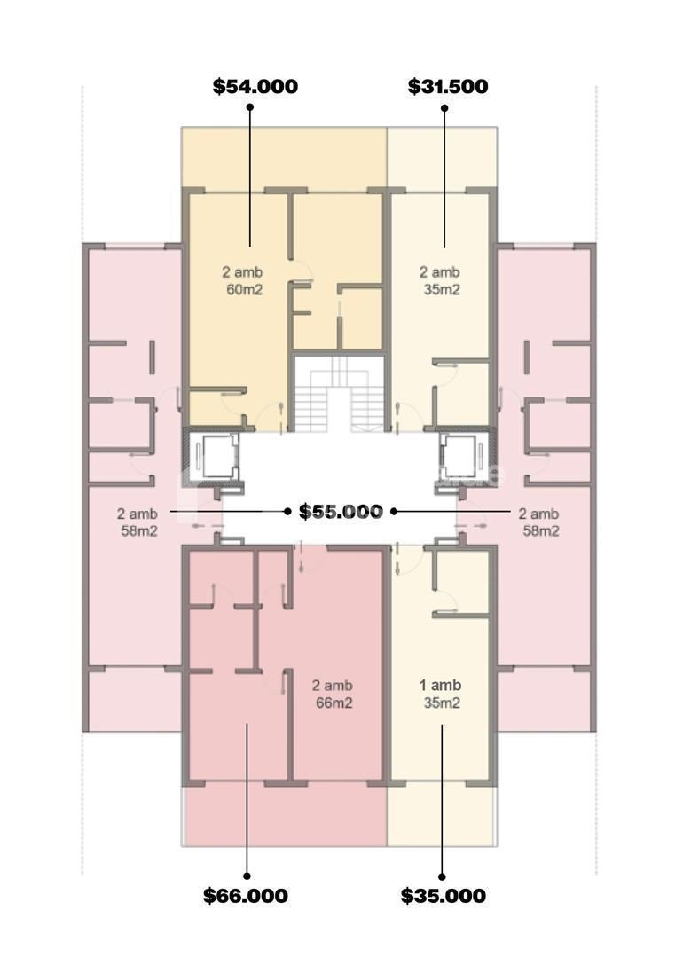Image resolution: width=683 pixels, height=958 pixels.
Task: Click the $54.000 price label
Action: [x=255, y=86]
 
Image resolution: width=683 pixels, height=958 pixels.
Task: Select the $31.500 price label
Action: [x=448, y=86]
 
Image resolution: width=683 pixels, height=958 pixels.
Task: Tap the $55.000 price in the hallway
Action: [x=341, y=512]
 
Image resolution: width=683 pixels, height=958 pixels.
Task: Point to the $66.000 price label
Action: [x=246, y=896]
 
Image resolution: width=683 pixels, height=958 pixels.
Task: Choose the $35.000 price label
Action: [x=444, y=896]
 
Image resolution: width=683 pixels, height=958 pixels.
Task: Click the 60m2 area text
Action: [x=244, y=289]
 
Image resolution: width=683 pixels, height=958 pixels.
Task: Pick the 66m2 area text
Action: [x=334, y=703]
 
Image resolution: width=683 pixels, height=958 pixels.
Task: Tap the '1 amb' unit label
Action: [x=440, y=686]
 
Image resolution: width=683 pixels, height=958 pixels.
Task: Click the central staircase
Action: [x=340, y=394]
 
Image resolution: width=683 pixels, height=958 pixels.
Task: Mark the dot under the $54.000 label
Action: [x=250, y=107]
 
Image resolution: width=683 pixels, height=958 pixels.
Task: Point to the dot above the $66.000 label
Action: [x=247, y=876]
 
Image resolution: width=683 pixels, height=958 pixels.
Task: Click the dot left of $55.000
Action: [x=287, y=512]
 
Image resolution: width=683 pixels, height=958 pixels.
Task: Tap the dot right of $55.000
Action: [x=394, y=512]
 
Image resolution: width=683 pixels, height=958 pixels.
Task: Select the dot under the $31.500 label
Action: [x=444, y=108]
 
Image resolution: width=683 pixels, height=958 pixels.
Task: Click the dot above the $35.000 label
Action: [x=443, y=876]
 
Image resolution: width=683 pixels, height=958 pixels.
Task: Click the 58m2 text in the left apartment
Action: [x=139, y=531]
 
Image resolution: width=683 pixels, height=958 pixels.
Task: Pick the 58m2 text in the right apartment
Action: [x=541, y=531]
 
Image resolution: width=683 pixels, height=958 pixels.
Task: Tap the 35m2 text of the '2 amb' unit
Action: [x=442, y=289]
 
